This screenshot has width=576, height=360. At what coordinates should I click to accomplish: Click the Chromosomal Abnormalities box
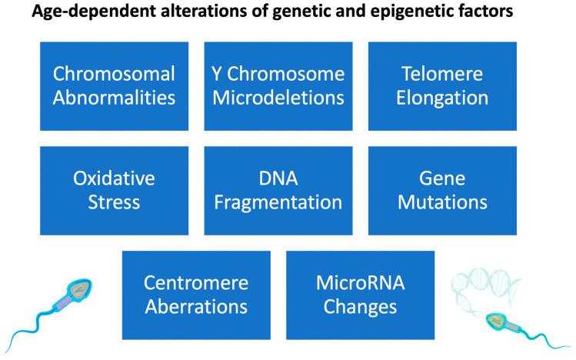point(114,85)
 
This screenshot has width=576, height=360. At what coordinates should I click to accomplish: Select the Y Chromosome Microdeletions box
point(278,85)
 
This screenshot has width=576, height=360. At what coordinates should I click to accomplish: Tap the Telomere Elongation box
point(442,85)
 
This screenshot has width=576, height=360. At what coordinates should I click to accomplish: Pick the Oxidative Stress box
point(114,190)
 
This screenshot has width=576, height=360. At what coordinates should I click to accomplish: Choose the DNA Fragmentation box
point(278,190)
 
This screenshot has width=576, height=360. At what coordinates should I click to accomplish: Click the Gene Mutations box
point(442,190)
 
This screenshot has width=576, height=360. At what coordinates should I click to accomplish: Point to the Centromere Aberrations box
point(196,295)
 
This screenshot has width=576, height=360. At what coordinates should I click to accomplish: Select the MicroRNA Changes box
point(360,295)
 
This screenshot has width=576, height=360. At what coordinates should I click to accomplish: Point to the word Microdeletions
point(278,98)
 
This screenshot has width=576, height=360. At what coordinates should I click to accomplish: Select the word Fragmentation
point(278,202)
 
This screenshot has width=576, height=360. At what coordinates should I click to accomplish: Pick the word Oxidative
point(114,178)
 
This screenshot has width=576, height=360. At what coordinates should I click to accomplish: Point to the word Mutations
point(442,202)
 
